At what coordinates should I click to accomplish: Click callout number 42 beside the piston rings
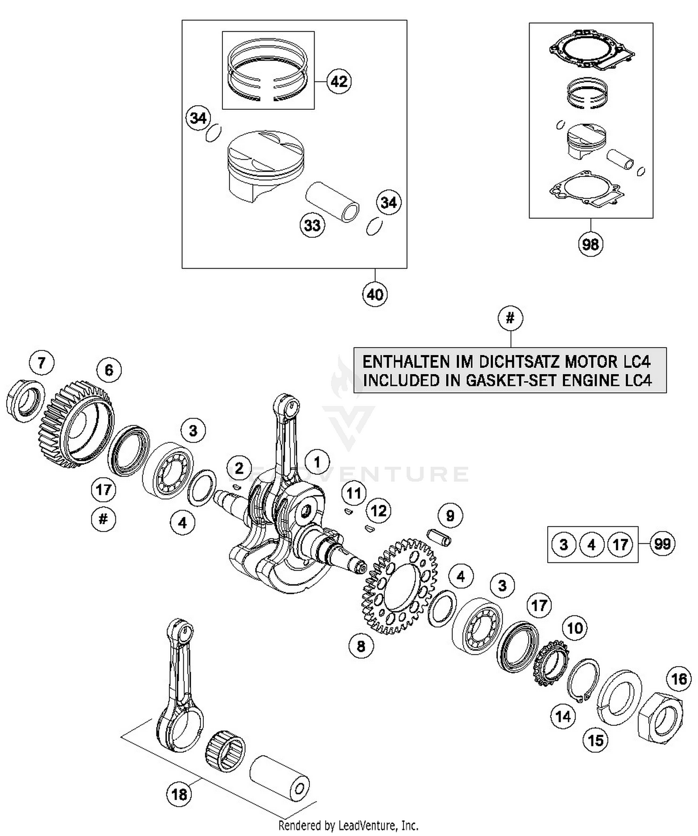click(339, 82)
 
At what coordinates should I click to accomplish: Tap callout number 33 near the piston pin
click(312, 225)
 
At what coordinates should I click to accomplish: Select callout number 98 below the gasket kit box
click(590, 244)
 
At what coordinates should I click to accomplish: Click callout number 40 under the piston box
click(375, 294)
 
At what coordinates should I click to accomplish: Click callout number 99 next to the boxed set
click(662, 544)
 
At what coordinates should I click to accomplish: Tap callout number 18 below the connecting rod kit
click(179, 794)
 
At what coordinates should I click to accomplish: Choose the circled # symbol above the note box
click(510, 318)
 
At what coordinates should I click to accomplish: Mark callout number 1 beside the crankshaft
click(317, 462)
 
